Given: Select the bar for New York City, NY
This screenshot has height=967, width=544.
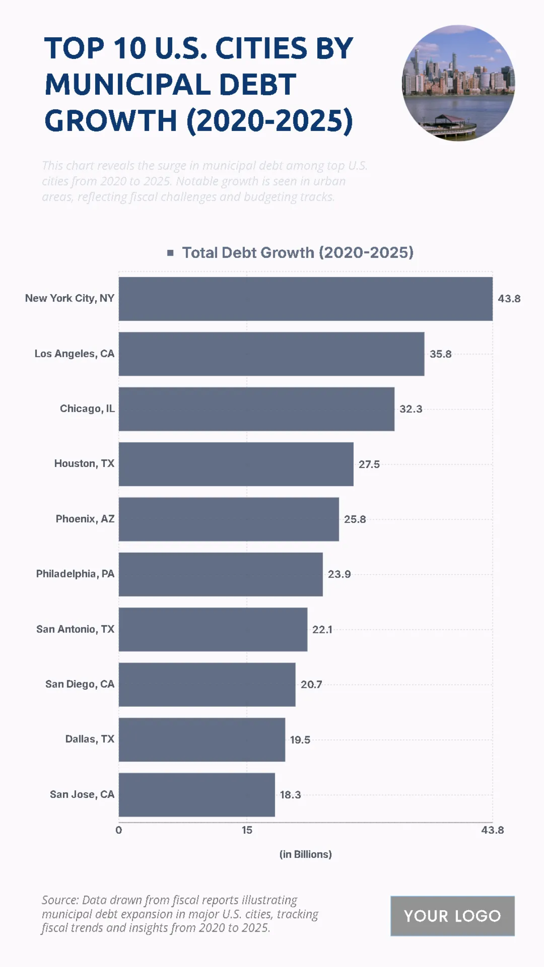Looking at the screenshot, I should (305, 299).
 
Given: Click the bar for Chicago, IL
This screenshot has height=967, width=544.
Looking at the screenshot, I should (256, 409).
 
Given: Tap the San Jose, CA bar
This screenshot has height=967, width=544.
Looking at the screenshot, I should (196, 795).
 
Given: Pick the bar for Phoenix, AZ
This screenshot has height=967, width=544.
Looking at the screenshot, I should (228, 519).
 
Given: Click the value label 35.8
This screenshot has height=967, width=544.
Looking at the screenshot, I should (440, 354).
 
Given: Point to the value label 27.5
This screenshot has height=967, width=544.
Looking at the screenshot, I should (369, 464).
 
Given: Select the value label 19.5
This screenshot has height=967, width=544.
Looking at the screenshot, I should (300, 740).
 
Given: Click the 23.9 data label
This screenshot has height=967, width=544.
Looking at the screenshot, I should (339, 574).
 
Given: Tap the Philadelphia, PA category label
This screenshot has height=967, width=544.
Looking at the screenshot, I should (75, 574).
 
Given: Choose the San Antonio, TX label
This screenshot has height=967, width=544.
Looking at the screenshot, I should (75, 629).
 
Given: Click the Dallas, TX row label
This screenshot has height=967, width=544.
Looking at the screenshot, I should (90, 739).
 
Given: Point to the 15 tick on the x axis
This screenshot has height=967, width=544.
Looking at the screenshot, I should (247, 830).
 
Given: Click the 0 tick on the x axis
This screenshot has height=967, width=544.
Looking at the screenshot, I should (119, 830).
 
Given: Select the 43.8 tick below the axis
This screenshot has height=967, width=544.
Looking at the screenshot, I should (492, 830).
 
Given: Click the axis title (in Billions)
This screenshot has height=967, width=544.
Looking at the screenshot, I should (305, 855).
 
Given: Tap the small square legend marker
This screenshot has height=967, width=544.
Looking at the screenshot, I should (170, 253).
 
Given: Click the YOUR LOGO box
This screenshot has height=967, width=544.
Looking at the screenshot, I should (452, 916).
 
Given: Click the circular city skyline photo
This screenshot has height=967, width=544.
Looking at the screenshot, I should (458, 83).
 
